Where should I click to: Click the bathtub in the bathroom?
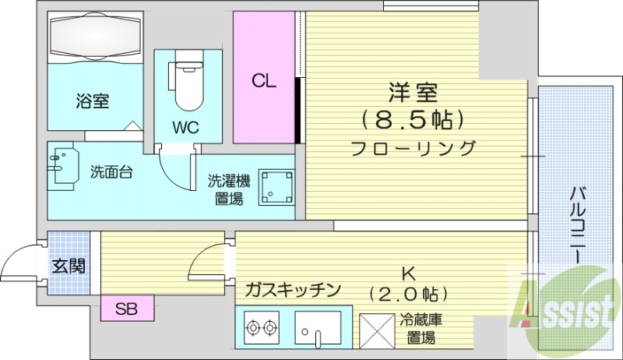point(96,37)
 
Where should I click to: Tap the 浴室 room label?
point(92,100)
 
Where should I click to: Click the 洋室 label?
point(412,92)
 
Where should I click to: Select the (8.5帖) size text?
point(413,119)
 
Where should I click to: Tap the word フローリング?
point(413,147)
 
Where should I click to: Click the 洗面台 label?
point(110,172)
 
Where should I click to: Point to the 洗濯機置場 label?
point(228,189)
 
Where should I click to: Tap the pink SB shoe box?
point(127,308)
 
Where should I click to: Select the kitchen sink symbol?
point(319,329)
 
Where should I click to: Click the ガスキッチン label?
point(293,291)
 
